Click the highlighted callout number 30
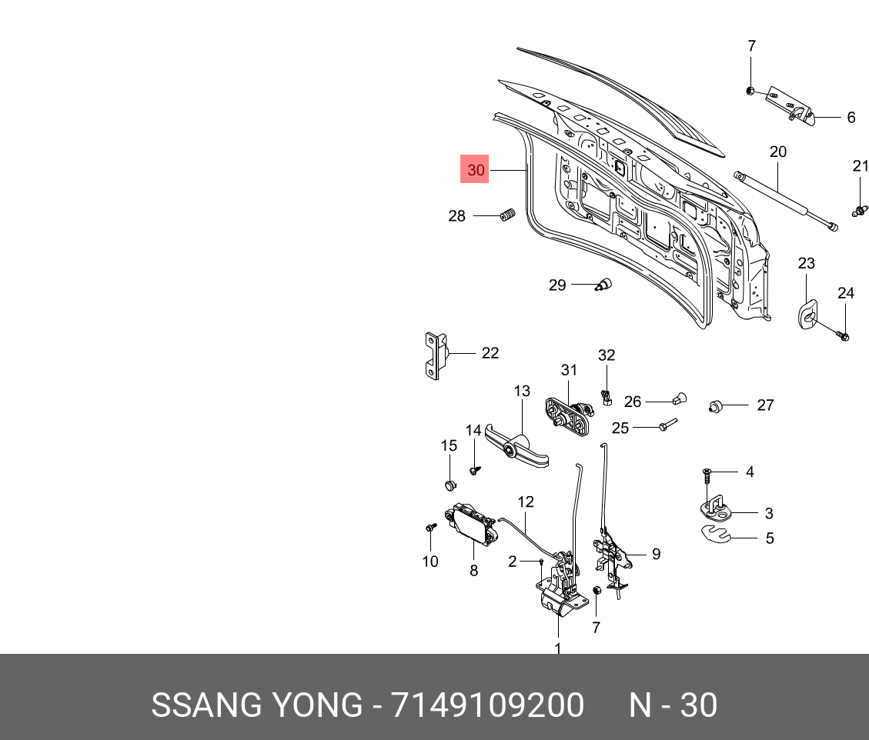click(x=476, y=170)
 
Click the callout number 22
click(x=490, y=353)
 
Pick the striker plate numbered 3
click(x=720, y=507)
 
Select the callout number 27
click(x=765, y=405)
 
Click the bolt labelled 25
click(x=667, y=425)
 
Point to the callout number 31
click(x=569, y=370)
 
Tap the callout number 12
click(x=525, y=502)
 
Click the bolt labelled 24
click(x=842, y=335)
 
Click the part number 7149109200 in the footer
click(x=487, y=705)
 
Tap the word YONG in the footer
click(x=315, y=705)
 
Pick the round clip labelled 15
click(x=450, y=485)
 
